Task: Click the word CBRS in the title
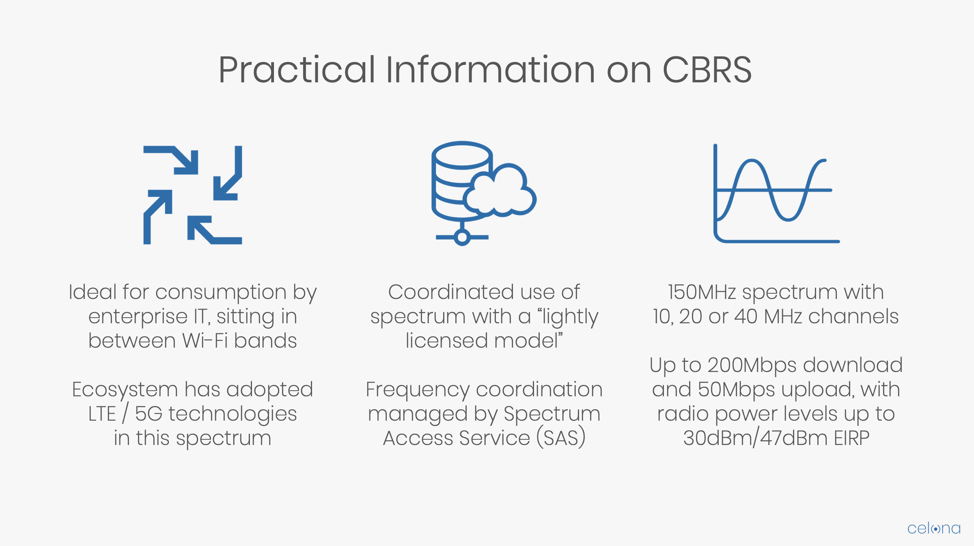707,70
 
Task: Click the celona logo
934,528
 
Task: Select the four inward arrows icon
193,195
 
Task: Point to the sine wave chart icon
776,193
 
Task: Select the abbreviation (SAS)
561,438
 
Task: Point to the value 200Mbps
752,365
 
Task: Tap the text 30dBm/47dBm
755,438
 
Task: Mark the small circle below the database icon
462,237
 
